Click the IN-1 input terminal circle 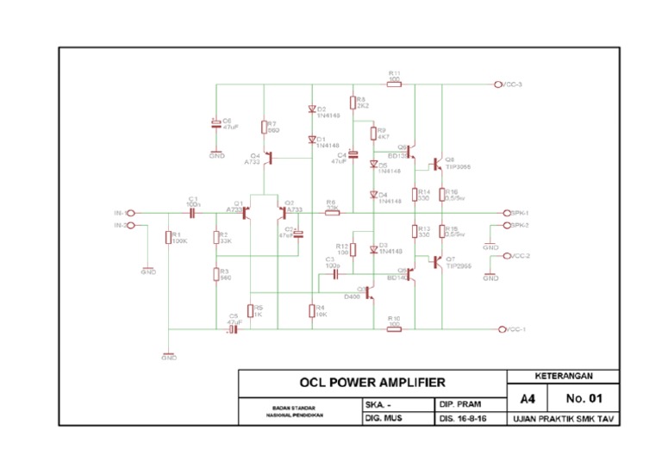(x=131, y=212)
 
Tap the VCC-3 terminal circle (x=498, y=84)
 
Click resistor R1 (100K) (x=168, y=238)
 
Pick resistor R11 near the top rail (x=394, y=84)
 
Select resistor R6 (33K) (x=332, y=212)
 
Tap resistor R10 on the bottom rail (x=394, y=328)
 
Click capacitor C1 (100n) (x=193, y=212)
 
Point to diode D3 (x=373, y=248)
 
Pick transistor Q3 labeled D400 (x=369, y=293)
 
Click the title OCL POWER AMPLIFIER (x=372, y=382)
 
